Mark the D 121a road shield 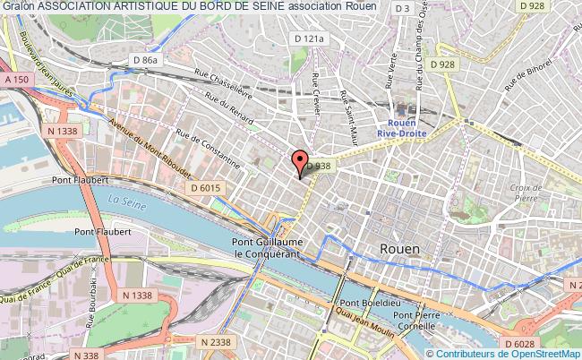pyautogui.click(x=307, y=39)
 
